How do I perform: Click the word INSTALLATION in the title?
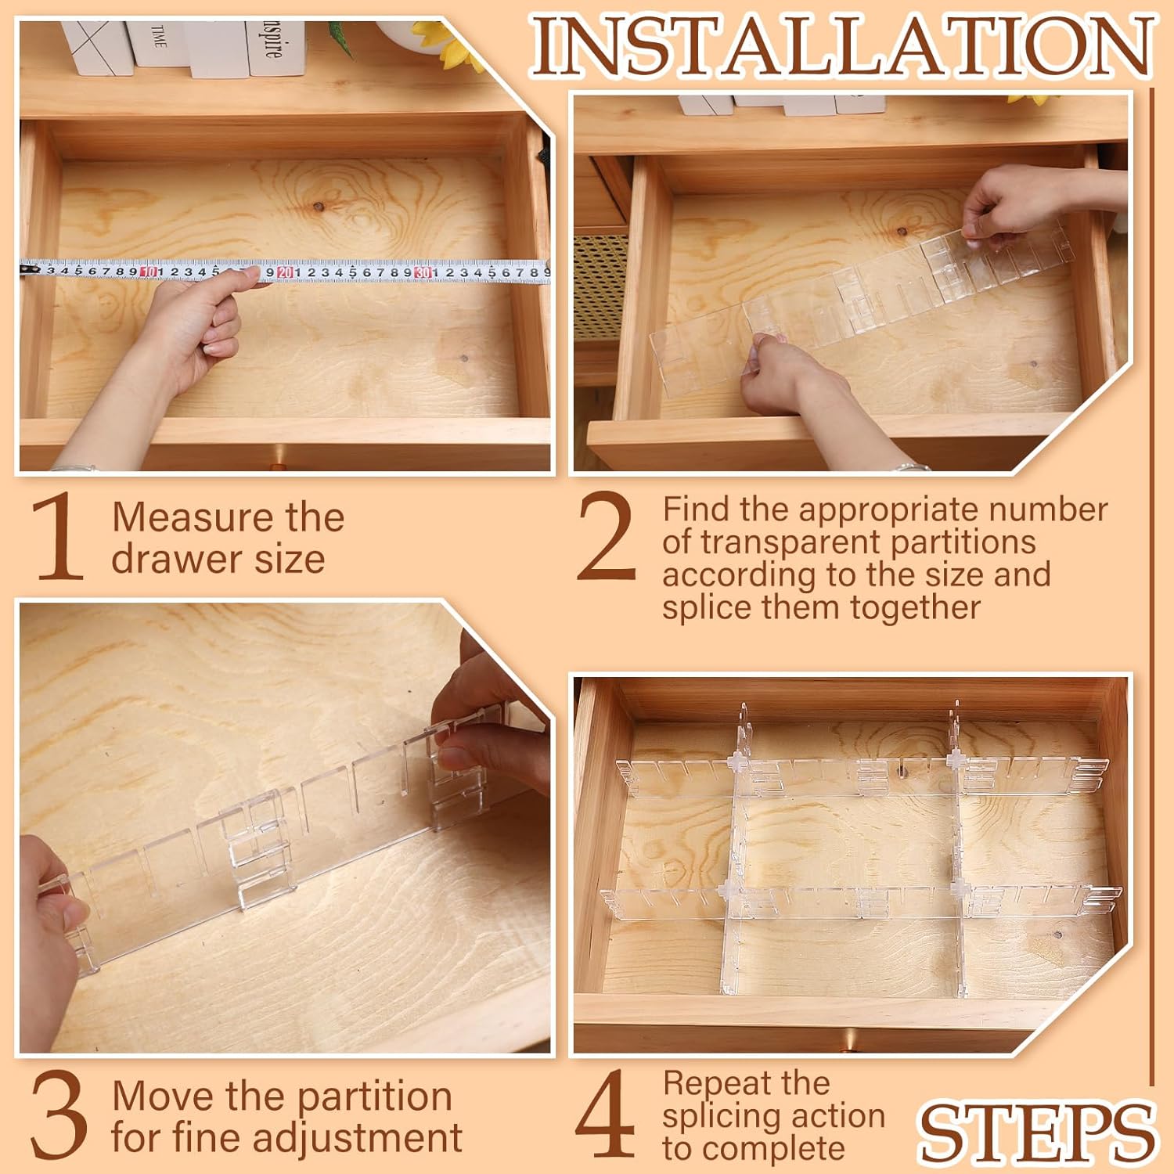tap(842, 46)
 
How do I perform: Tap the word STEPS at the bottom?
tap(1036, 1132)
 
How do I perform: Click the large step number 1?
tap(59, 537)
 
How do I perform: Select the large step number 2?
tap(607, 537)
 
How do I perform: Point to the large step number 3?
tap(59, 1116)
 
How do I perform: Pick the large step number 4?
tap(605, 1115)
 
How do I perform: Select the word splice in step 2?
tap(708, 608)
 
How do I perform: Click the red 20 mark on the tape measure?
tap(285, 272)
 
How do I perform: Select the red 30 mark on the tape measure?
tap(423, 272)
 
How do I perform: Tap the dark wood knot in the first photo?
tap(318, 207)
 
